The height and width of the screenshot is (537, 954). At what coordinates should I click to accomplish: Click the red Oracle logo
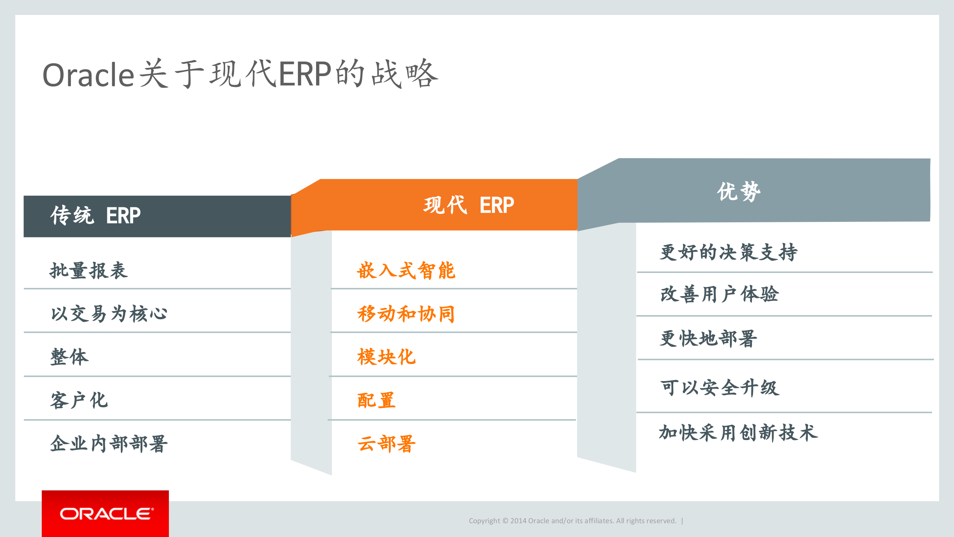tap(105, 514)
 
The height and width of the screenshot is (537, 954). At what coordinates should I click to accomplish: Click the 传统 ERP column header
tap(95, 216)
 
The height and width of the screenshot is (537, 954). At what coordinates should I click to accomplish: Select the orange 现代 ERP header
tap(468, 205)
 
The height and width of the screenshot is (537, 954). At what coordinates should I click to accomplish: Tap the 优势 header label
tap(738, 192)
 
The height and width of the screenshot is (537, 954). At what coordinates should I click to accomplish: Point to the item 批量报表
tap(89, 270)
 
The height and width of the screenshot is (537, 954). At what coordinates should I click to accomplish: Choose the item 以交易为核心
tap(109, 314)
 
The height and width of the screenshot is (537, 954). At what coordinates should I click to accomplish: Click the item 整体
tap(69, 357)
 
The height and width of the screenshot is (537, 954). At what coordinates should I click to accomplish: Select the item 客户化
tap(79, 400)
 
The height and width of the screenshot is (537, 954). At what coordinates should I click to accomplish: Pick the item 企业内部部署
tap(109, 443)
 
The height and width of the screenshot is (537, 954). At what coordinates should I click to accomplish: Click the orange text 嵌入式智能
tap(406, 270)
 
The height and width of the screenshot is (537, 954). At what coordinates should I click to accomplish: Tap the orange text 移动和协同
tap(406, 314)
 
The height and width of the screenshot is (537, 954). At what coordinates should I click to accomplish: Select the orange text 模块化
tap(386, 357)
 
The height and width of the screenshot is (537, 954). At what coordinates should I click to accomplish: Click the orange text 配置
tap(376, 400)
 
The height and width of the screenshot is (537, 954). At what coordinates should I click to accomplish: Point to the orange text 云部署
tap(386, 443)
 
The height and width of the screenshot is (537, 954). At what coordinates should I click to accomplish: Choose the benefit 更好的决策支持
tap(728, 252)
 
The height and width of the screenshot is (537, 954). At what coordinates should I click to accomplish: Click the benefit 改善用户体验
tap(719, 294)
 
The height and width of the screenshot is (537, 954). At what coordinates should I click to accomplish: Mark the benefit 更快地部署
tap(708, 338)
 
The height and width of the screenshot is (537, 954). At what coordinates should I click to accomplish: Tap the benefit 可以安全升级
tap(720, 387)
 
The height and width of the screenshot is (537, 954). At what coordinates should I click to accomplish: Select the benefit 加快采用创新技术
tap(738, 433)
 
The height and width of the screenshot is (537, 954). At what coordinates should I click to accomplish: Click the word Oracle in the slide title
tap(88, 75)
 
